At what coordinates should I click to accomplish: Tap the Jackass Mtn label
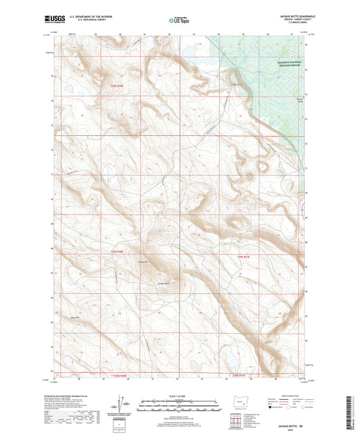pyautogui.click(x=142, y=261)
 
